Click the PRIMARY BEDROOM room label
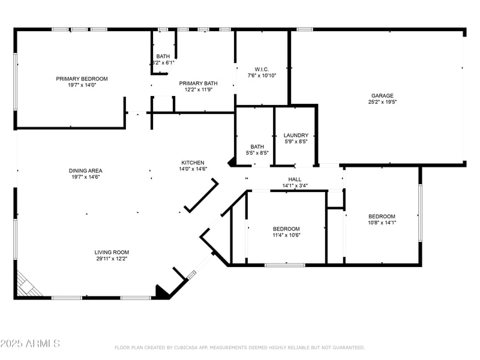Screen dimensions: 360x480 click(82, 79)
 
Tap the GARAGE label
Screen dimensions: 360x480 click(382, 95)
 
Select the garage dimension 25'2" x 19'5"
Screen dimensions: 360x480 click(382, 102)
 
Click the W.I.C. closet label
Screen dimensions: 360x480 click(262, 69)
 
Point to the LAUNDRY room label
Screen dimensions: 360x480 click(296, 136)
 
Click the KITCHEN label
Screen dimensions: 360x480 click(193, 163)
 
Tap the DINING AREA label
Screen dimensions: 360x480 click(85, 170)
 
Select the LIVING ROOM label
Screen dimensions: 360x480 click(112, 252)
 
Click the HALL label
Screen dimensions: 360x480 click(295, 179)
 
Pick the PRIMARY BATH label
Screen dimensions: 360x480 click(198, 83)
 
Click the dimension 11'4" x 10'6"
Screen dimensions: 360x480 click(286, 235)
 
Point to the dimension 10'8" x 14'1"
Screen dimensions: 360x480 click(382, 223)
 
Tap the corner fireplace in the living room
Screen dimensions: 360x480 click(27, 284)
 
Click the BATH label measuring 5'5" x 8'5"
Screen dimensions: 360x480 click(257, 146)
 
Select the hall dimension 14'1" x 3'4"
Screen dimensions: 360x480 click(295, 186)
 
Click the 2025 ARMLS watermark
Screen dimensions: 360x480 click(30, 344)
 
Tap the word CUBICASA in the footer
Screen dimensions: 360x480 click(192, 347)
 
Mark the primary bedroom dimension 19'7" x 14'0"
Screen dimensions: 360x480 click(82, 85)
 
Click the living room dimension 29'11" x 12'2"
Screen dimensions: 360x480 click(112, 259)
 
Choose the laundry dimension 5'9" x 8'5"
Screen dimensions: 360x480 click(296, 142)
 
